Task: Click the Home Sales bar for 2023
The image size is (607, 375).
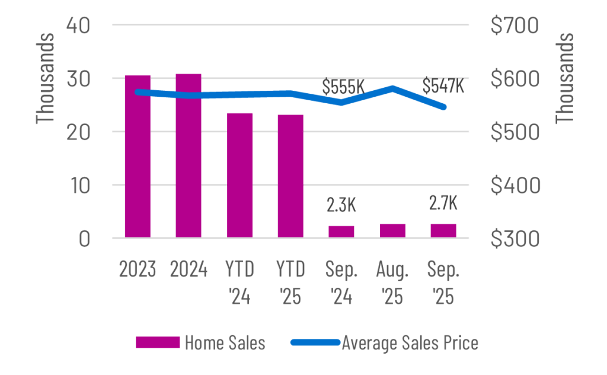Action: tap(138, 157)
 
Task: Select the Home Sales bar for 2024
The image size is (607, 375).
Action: tap(189, 156)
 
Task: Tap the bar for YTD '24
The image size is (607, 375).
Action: tap(239, 176)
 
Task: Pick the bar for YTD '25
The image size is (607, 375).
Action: tap(290, 176)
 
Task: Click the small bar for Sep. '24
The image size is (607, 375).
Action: tap(341, 231)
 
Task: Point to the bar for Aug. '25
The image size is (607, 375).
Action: tap(392, 231)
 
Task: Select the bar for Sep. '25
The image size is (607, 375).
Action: tap(443, 231)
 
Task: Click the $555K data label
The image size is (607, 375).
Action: tap(343, 87)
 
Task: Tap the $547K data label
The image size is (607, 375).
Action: tap(443, 86)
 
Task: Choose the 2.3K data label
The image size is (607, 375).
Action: tap(341, 205)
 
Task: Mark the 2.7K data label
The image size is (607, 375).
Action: tap(443, 203)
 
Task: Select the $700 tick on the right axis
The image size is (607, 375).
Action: tap(515, 26)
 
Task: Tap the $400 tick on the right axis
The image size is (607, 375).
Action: tap(515, 186)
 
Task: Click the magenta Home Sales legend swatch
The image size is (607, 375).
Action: tap(158, 343)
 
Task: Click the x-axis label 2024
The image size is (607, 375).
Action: tap(189, 269)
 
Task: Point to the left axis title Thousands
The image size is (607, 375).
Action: tap(46, 78)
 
